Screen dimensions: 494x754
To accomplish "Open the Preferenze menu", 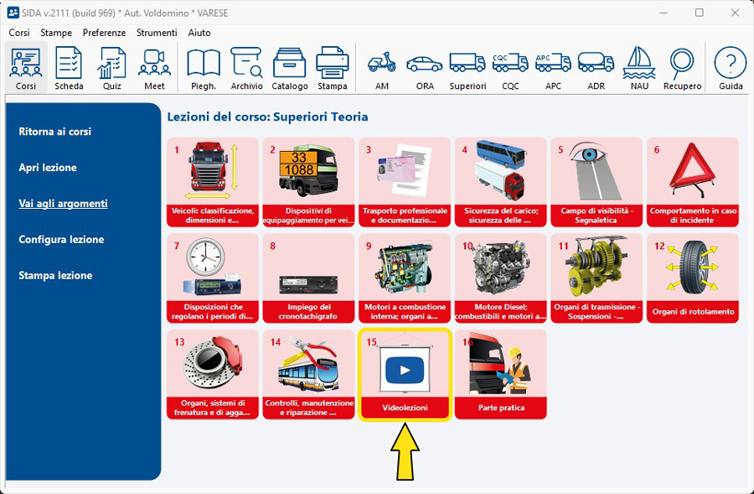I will [104, 33].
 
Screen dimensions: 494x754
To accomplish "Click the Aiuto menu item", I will [199, 33].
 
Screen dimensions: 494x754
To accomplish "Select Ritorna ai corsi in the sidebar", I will [55, 132].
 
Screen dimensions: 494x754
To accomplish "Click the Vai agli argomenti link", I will [63, 203].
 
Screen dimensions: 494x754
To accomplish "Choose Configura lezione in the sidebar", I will [61, 239].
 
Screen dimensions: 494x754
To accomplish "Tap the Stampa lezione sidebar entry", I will [55, 275].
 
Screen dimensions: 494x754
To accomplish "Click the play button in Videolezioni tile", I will [405, 369].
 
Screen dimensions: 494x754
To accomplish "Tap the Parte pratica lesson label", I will [501, 408].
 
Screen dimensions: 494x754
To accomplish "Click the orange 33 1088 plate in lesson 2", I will [298, 164].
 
